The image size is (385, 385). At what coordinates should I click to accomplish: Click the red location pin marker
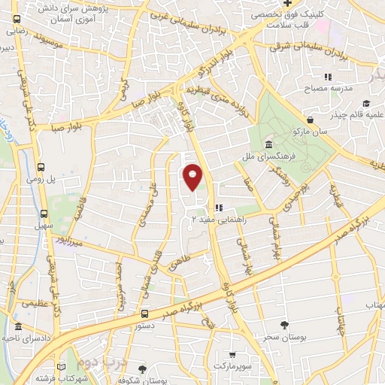193,176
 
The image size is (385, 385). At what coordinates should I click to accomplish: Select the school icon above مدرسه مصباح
327,77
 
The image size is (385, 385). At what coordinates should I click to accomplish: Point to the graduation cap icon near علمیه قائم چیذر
366,104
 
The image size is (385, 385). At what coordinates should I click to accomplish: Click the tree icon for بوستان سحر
283,324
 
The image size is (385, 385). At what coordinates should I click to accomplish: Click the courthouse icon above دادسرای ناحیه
17,328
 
